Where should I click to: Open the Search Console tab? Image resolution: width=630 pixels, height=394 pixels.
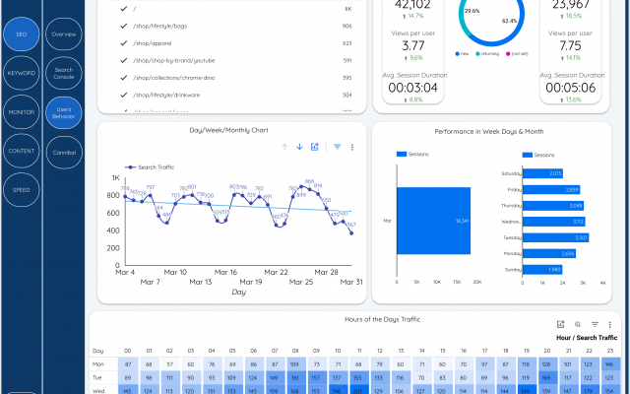[x=64, y=73]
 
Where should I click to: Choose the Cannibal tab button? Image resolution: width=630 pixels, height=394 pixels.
[x=64, y=152]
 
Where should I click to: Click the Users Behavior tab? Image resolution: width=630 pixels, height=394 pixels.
[x=64, y=112]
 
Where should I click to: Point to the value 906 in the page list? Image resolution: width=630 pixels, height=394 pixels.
[x=346, y=27]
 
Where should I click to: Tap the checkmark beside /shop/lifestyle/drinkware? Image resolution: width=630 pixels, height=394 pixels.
[x=123, y=95]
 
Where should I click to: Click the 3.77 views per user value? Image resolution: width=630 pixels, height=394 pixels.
[x=413, y=45]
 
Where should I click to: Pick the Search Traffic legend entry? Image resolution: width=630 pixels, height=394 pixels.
[x=156, y=166]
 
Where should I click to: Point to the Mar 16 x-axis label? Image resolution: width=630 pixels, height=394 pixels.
[x=225, y=272]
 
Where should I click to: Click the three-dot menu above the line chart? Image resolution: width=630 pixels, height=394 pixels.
[x=352, y=147]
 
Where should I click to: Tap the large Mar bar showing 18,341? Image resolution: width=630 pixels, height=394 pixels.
[x=433, y=222]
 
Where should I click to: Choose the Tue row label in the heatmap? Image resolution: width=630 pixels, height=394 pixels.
[x=97, y=376]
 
